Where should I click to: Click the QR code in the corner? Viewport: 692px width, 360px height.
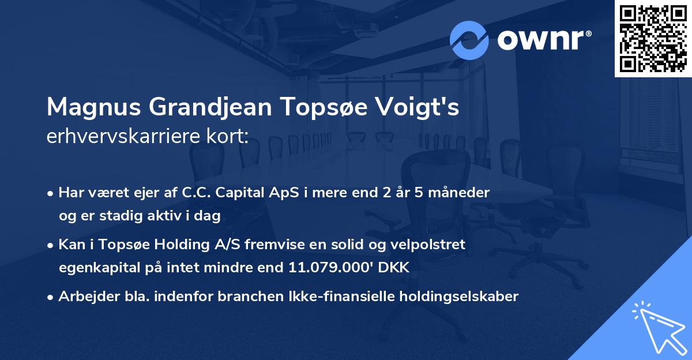pyautogui.click(x=653, y=39)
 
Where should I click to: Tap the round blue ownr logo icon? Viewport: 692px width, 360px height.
pyautogui.click(x=469, y=40)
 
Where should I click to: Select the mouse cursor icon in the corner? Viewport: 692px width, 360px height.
pyautogui.click(x=657, y=327)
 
